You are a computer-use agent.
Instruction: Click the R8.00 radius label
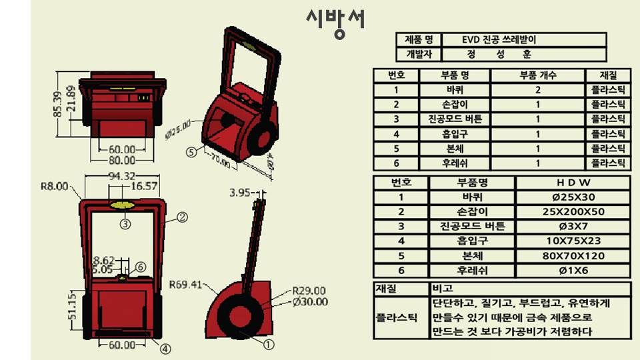pos(54,187)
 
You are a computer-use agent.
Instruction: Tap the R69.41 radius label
pos(185,285)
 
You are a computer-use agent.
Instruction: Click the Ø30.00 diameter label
pos(311,302)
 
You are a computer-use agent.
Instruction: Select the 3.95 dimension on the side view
pos(239,193)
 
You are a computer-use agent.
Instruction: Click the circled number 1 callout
pos(269,345)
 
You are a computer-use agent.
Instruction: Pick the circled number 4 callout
pos(165,348)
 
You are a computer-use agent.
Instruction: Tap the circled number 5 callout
pos(191,152)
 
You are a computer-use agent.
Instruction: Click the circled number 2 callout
pos(181,217)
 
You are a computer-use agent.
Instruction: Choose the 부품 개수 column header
pos(537,75)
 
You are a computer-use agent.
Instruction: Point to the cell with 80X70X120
pos(573,255)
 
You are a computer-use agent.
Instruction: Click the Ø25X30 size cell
pos(573,197)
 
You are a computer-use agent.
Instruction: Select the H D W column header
pos(573,182)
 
